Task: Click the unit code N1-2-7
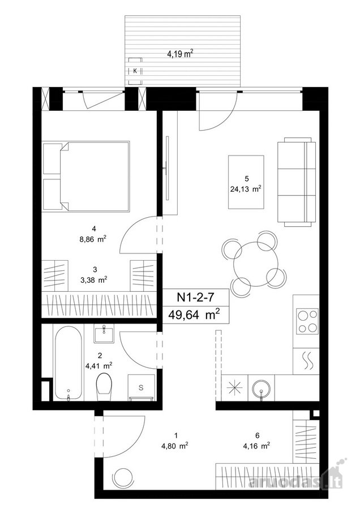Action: pos(195,297)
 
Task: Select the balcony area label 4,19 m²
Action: pos(178,53)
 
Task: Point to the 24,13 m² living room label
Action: pos(246,189)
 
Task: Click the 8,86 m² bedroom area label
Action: pos(94,240)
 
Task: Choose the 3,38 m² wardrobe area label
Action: pos(94,280)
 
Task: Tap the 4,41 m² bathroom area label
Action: pos(98,366)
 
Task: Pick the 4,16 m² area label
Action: pos(256,446)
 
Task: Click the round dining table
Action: pos(256,264)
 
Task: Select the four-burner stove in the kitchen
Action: pos(307,321)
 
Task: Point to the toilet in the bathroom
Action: pos(104,387)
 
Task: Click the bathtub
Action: pos(68,363)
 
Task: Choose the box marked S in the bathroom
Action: pos(142,387)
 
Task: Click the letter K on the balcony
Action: pos(135,71)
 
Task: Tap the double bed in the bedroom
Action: pos(87,176)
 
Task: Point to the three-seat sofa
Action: pos(297,182)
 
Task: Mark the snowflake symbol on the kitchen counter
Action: pos(234,387)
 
